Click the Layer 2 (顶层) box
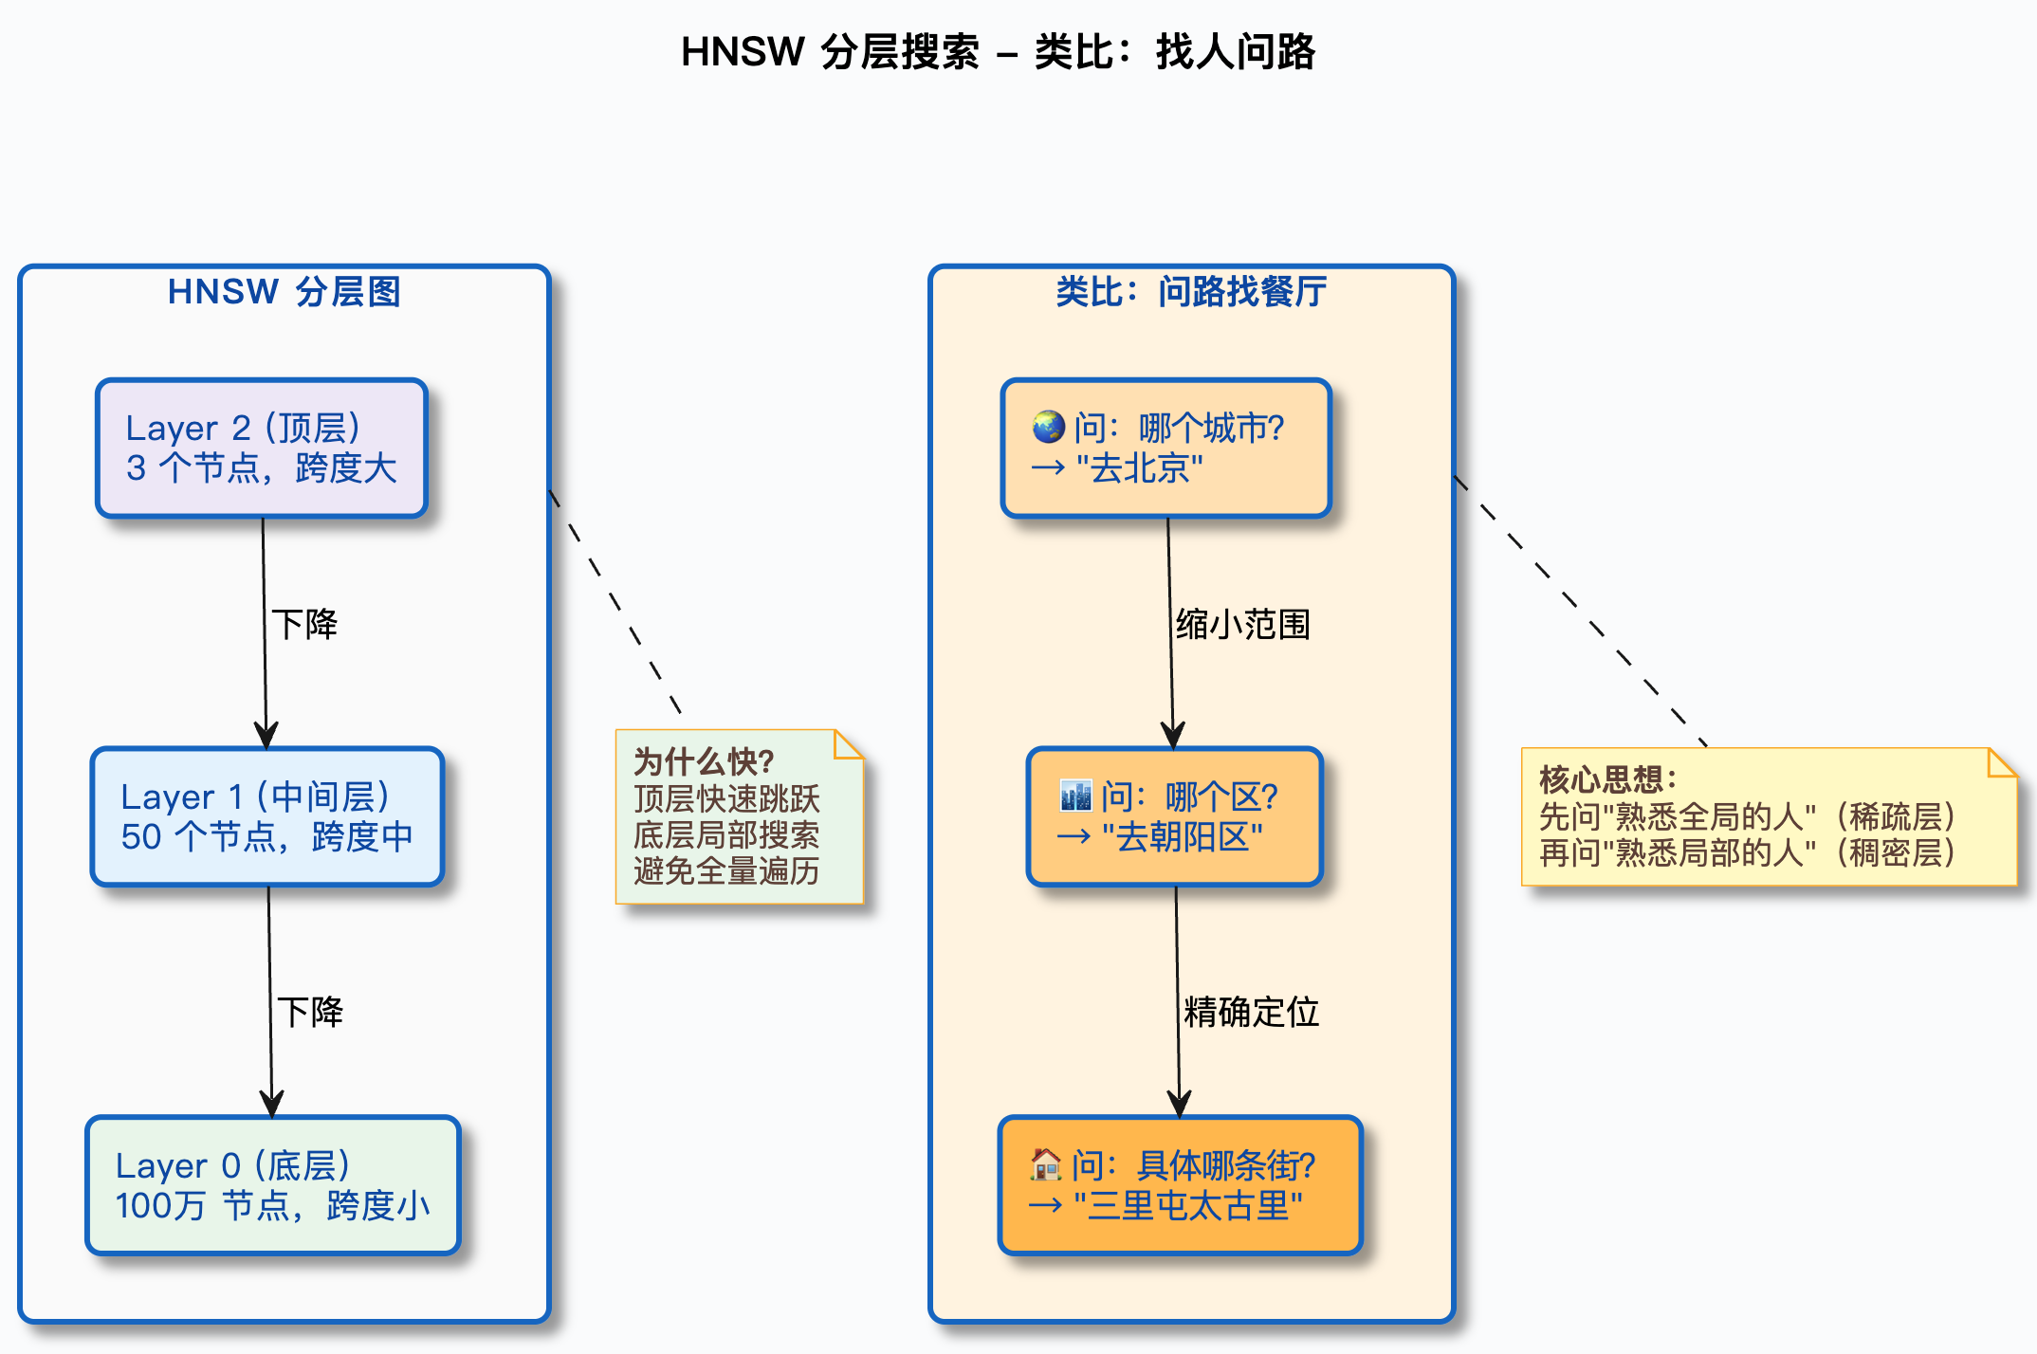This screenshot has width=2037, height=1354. coord(262,448)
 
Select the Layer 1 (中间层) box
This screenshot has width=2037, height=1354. coord(267,816)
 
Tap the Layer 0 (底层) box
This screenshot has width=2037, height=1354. coord(273,1185)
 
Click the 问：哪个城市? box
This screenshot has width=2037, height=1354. coord(1166,448)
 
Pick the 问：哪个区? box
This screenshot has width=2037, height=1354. coord(1174,816)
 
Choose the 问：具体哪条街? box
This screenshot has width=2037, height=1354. coord(1180,1185)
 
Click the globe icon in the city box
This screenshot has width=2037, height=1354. coord(1049,427)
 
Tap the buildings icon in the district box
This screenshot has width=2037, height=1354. coord(1075,796)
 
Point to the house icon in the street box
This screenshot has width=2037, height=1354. coord(1046,1164)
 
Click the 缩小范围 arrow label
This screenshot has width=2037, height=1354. coord(1242,625)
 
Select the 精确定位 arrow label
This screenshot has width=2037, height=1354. coord(1251,1013)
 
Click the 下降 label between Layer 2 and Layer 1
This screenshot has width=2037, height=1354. coord(304,625)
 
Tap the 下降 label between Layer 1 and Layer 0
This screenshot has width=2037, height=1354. coord(310,1013)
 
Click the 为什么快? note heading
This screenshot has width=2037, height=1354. coord(704,761)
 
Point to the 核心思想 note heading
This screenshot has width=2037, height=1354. coord(1607,779)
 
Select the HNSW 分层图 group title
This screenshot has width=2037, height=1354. coord(284,292)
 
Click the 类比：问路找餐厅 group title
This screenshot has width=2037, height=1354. coord(1191,292)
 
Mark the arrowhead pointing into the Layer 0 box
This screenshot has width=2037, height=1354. coord(272,1106)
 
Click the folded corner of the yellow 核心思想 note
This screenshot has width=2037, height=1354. coord(2001,762)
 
